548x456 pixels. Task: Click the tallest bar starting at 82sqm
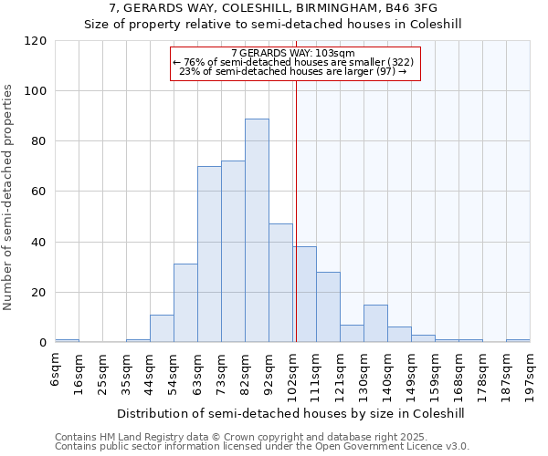tap(257, 231)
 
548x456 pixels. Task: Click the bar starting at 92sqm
tap(280, 283)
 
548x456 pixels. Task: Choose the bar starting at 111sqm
tap(328, 307)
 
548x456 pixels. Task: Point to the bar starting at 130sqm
tap(375, 324)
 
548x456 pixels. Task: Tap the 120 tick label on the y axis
tap(36, 41)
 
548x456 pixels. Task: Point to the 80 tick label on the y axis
tap(39, 141)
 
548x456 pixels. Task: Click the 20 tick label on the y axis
tap(39, 293)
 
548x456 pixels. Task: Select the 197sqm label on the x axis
tap(531, 373)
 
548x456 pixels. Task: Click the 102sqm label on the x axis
tap(293, 373)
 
